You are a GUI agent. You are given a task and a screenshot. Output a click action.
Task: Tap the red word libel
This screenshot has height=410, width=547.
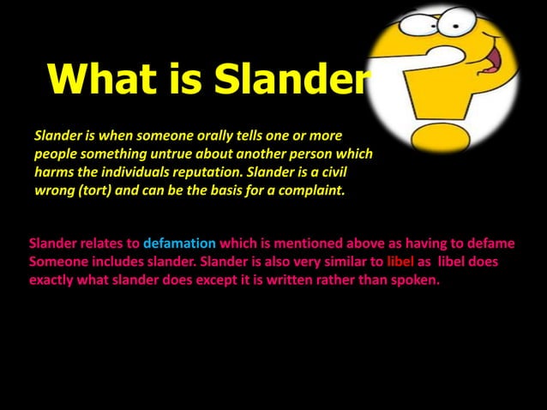point(401,260)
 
